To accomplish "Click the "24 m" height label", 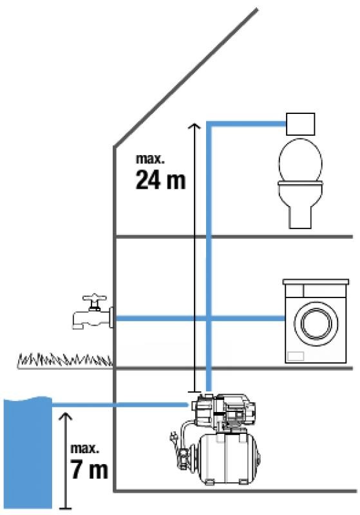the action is [160, 180].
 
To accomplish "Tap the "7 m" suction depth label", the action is [90, 470].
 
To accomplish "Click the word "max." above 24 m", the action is [150, 158].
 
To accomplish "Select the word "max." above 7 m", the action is [85, 449].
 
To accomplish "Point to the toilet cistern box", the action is [301, 124].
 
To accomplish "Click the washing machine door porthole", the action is [316, 324].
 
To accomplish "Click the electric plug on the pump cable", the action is [173, 437].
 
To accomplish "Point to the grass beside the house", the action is [64, 360].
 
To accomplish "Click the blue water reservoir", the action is [28, 453].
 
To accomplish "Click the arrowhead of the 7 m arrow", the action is [67, 416].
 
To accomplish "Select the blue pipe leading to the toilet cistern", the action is [247, 124].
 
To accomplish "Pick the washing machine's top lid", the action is [316, 282].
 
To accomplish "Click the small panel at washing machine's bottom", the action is [296, 356].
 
